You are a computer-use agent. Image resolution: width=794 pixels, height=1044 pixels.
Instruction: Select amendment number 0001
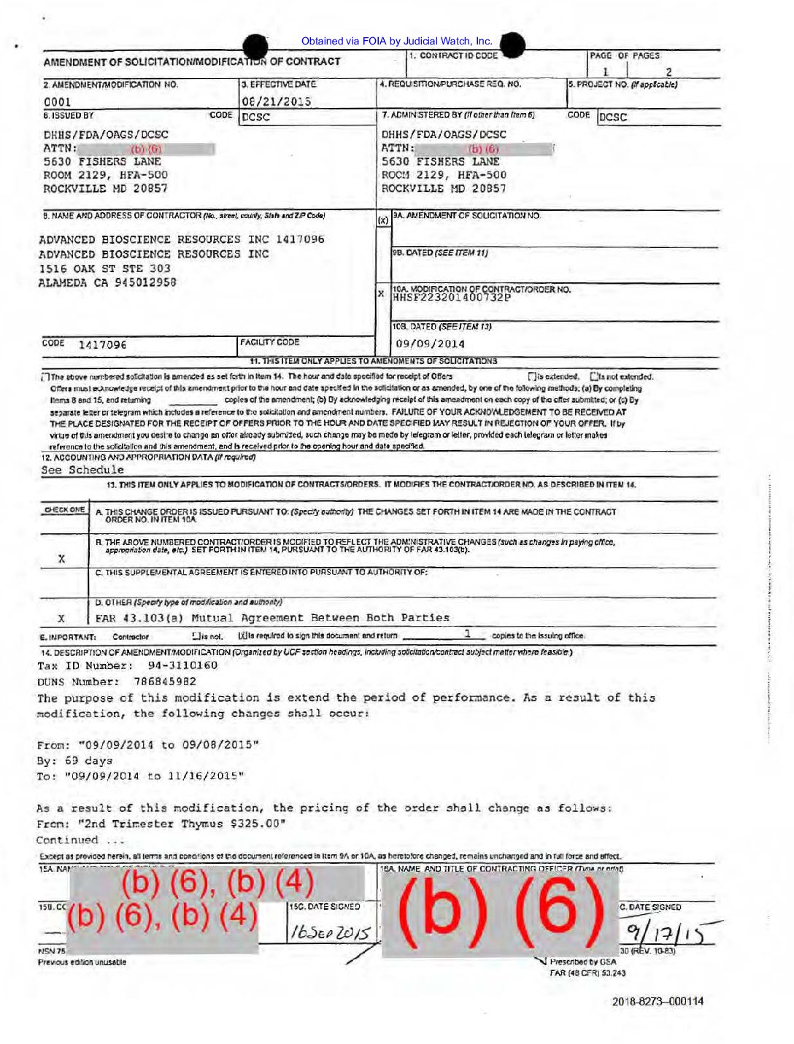(58, 102)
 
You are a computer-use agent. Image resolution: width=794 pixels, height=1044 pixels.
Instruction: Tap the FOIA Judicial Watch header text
(396, 42)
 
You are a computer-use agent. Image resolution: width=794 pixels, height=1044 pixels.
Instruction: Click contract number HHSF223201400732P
(452, 298)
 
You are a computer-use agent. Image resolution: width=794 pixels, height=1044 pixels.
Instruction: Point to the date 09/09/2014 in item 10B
(430, 344)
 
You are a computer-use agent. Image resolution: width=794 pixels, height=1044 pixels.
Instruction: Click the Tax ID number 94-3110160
(182, 665)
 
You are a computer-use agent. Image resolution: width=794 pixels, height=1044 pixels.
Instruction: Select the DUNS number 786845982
(164, 681)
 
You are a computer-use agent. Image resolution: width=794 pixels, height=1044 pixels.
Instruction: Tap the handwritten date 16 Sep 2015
(331, 932)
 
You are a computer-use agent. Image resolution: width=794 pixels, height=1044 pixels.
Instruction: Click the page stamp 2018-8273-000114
(658, 1001)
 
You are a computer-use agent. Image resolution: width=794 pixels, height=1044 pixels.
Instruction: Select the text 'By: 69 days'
(74, 760)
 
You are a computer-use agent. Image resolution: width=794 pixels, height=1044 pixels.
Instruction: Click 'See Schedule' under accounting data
(82, 470)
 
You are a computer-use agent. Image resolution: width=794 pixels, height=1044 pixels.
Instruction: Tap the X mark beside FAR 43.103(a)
(61, 618)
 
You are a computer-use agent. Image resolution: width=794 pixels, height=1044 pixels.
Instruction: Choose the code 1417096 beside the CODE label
(102, 344)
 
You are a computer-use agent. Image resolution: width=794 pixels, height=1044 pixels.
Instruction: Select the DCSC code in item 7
(613, 117)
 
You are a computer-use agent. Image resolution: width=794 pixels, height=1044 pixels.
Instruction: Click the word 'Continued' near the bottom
(67, 840)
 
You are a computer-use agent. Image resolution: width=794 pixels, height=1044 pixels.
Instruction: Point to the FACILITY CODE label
(270, 341)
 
